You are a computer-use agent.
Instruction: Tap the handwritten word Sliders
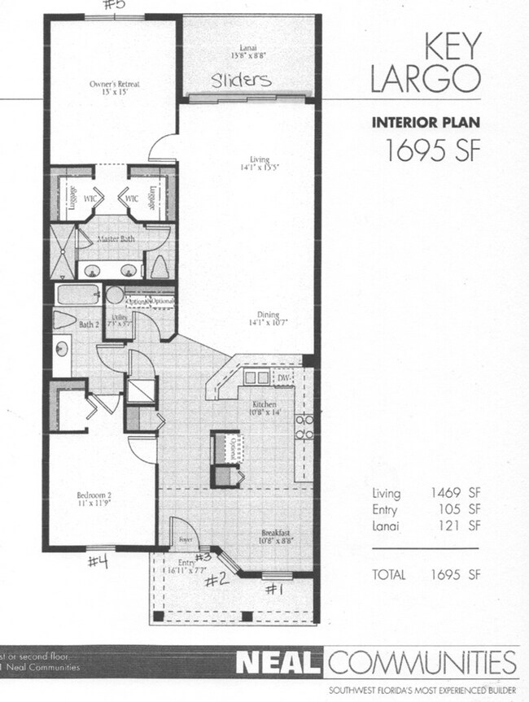point(242,81)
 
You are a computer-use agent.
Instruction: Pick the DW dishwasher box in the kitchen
point(284,378)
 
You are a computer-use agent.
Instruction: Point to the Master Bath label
point(115,239)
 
